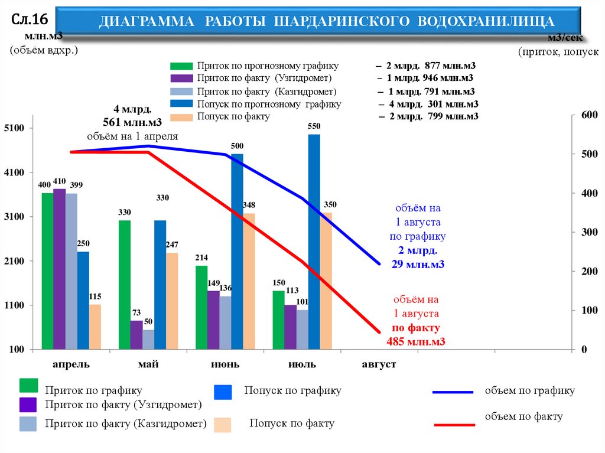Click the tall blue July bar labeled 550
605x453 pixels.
pyautogui.click(x=314, y=242)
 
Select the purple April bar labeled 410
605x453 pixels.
pyautogui.click(x=59, y=269)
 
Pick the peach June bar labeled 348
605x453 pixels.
pyautogui.click(x=249, y=281)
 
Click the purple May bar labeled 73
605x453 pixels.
pyautogui.click(x=136, y=335)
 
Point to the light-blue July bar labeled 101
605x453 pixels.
pyautogui.click(x=302, y=330)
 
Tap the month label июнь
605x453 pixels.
pyautogui.click(x=225, y=364)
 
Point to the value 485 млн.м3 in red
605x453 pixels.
pyautogui.click(x=415, y=341)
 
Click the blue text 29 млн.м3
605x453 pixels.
pyautogui.click(x=417, y=264)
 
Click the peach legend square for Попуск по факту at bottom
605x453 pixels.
pyautogui.click(x=223, y=425)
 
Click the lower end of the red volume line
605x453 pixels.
pyautogui.click(x=379, y=332)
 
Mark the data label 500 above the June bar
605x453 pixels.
pyautogui.click(x=237, y=146)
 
